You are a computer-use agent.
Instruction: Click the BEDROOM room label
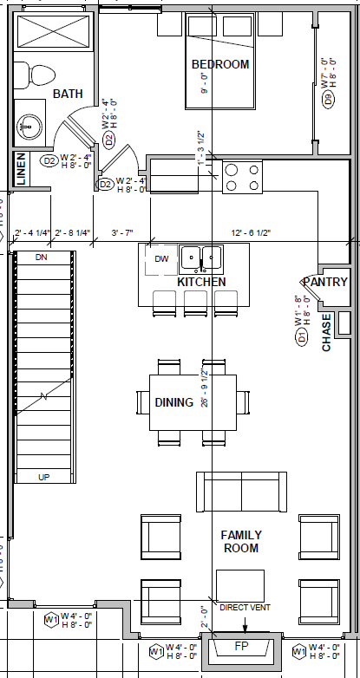[x=220, y=64]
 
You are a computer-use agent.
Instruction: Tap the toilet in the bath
[x=36, y=75]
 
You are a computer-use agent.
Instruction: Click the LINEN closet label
[x=21, y=169]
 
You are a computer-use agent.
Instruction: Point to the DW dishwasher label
[x=161, y=259]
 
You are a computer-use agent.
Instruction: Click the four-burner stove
[x=243, y=178]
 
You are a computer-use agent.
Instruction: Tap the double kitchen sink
[x=200, y=258]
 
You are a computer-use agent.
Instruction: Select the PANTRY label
[x=325, y=282]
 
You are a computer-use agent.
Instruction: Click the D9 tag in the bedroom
[x=328, y=99]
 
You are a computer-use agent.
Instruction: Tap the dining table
[x=193, y=401]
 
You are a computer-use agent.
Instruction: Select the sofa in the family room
[x=241, y=492]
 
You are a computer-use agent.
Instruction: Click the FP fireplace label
[x=242, y=648]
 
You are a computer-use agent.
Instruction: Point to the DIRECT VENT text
[x=245, y=608]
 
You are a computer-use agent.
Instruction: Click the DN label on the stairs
[x=42, y=258]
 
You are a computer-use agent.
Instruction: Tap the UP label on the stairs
[x=43, y=477]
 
